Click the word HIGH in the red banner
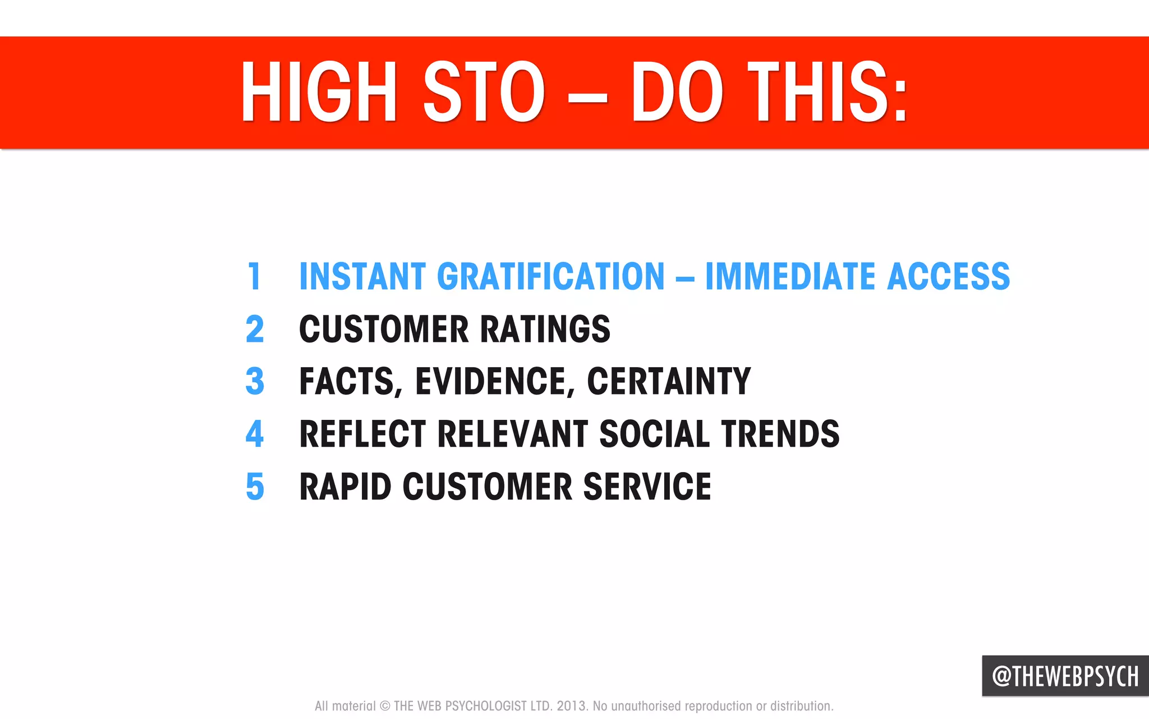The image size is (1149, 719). (x=319, y=93)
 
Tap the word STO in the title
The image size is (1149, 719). (x=483, y=93)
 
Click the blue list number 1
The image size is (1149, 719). (x=255, y=276)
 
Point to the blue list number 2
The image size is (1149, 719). (x=255, y=329)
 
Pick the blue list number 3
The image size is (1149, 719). (x=255, y=381)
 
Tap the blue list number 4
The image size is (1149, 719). (x=255, y=434)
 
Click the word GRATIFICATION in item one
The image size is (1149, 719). (x=550, y=276)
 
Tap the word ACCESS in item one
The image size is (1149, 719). (x=948, y=276)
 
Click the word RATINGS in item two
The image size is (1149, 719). (x=545, y=329)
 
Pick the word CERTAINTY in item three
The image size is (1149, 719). (x=669, y=381)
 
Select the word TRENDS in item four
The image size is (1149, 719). (x=780, y=434)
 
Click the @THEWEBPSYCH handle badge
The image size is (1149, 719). (x=1065, y=676)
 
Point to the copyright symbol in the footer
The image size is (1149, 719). (x=385, y=706)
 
